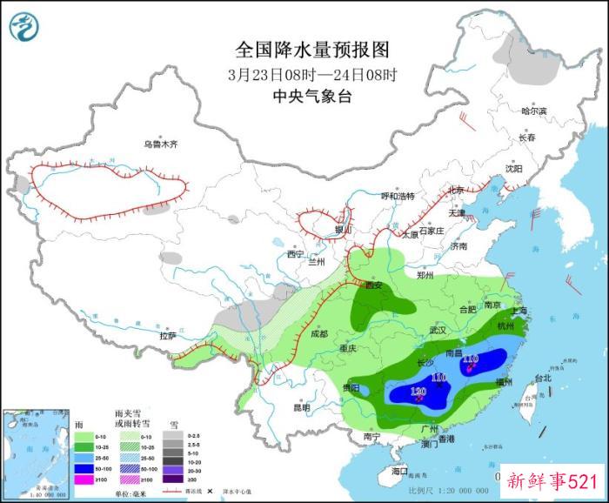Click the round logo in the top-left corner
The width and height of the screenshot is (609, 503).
[25, 26]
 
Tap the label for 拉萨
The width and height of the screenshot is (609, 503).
[168, 336]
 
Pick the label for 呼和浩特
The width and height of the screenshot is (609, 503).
[398, 196]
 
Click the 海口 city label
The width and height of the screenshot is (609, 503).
[399, 471]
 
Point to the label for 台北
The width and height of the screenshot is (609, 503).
[543, 379]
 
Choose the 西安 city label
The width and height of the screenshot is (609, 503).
[374, 285]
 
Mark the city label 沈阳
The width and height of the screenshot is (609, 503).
[513, 169]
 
